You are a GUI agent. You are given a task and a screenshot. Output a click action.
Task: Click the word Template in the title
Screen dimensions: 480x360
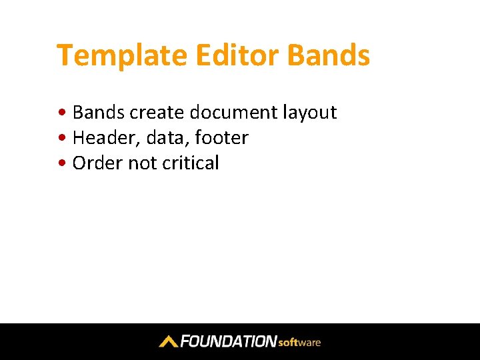coord(122,56)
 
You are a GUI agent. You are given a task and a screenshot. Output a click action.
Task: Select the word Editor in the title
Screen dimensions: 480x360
coord(237,55)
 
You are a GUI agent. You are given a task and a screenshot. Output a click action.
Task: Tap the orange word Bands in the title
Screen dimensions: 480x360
coord(329,55)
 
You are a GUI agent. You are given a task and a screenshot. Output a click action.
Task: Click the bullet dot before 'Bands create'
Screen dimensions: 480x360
coord(62,112)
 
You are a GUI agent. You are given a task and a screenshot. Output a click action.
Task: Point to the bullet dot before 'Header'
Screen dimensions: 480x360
coord(62,137)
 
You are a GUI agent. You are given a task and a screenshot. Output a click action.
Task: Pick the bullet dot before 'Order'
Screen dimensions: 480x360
coord(62,162)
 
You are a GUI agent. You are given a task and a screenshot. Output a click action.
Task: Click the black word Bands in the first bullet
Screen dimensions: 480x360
coord(99,112)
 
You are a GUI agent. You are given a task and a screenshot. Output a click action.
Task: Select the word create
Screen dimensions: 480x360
coord(157,113)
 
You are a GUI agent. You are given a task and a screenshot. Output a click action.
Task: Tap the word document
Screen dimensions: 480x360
coord(233,112)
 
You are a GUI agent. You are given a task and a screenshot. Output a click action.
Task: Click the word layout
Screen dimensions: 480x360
coord(310,113)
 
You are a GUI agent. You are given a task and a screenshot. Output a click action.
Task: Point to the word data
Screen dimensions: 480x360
coord(165,137)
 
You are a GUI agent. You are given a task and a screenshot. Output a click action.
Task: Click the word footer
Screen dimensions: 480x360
coord(221,137)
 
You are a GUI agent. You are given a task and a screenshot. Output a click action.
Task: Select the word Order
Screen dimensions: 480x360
coord(97,163)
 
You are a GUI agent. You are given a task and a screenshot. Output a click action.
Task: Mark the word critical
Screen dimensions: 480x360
coord(191,163)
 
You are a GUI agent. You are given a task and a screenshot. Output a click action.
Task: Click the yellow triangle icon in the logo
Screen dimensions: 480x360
coord(169,341)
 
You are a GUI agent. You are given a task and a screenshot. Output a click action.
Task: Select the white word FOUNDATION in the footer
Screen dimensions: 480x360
coord(229,341)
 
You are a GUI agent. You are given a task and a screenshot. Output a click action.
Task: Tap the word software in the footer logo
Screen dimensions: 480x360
coord(299,342)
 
